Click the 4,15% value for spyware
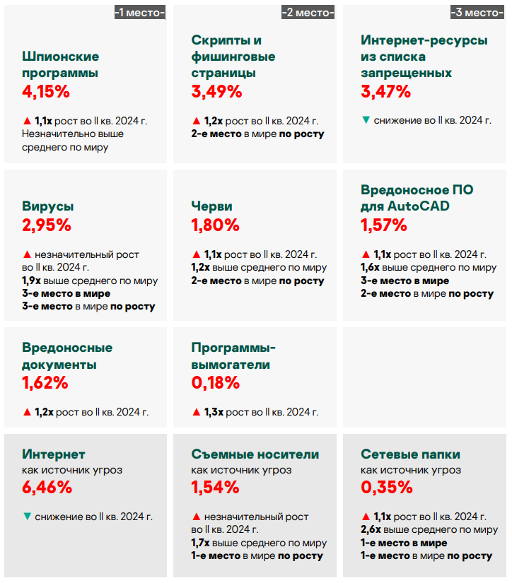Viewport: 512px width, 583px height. pyautogui.click(x=46, y=91)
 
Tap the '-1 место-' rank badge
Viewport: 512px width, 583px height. pyautogui.click(x=139, y=12)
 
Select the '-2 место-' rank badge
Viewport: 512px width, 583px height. pyautogui.click(x=308, y=12)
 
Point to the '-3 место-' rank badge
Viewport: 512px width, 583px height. pyautogui.click(x=477, y=12)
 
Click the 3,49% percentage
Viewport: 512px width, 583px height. pyautogui.click(x=216, y=91)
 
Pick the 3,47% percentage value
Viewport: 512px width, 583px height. pyautogui.click(x=385, y=91)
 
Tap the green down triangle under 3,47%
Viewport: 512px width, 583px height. pyautogui.click(x=366, y=120)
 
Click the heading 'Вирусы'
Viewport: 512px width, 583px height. pyautogui.click(x=48, y=206)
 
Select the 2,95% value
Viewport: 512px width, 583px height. pyautogui.click(x=47, y=225)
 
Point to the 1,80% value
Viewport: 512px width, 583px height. pyautogui.click(x=215, y=225)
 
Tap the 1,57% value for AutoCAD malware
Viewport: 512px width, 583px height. pyautogui.click(x=384, y=225)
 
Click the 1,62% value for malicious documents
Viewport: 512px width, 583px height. pyautogui.click(x=45, y=383)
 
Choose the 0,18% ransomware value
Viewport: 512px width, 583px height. pyautogui.click(x=215, y=383)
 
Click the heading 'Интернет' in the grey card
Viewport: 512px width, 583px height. pyautogui.click(x=54, y=454)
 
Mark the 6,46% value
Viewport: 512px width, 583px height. pyautogui.click(x=47, y=487)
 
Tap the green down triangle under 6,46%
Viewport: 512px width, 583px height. pyautogui.click(x=27, y=517)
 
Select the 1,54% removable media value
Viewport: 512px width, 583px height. pyautogui.click(x=215, y=487)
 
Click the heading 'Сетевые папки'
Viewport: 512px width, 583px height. pyautogui.click(x=410, y=454)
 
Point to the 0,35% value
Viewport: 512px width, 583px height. pyautogui.click(x=386, y=487)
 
